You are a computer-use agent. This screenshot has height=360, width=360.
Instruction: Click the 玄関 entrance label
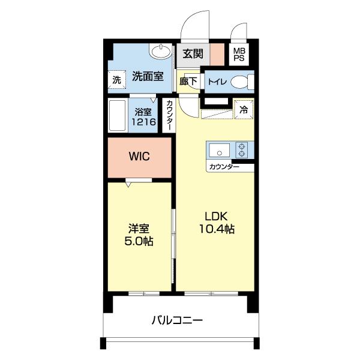point(193,54)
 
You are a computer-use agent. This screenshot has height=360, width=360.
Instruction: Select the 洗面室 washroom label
point(148,77)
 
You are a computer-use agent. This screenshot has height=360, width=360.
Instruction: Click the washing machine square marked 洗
point(116,79)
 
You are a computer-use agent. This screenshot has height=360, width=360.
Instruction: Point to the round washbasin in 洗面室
point(161,52)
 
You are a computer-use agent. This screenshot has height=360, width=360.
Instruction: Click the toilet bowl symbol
point(241,82)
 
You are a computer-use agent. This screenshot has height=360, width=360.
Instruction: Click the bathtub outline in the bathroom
point(118,116)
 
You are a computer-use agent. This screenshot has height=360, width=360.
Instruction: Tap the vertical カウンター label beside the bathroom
point(169,115)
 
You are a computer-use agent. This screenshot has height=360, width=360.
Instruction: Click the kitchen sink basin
point(217,149)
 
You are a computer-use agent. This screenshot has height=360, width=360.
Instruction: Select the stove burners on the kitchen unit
point(242,149)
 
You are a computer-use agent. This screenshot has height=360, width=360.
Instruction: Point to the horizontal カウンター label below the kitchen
point(224,166)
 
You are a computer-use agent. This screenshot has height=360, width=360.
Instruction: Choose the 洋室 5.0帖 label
point(139,235)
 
